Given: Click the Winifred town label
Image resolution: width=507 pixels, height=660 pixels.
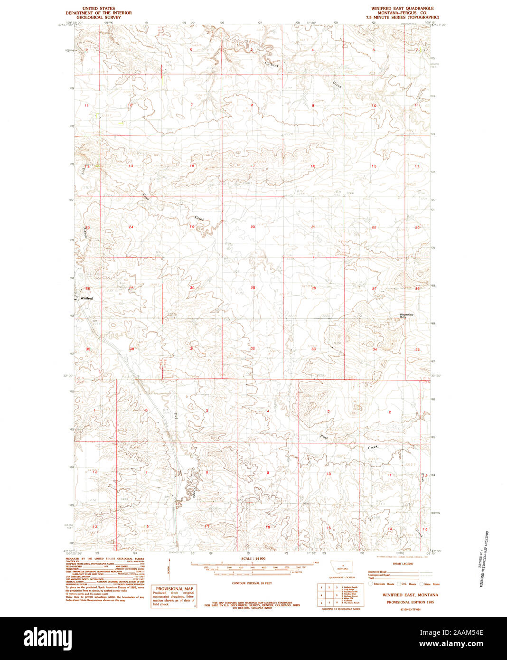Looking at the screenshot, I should [86, 298].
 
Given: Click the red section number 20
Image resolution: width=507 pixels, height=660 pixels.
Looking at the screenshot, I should [253, 227].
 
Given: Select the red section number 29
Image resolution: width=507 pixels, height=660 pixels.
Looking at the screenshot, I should [253, 288].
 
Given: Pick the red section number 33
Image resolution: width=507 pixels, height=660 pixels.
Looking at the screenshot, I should [313, 349].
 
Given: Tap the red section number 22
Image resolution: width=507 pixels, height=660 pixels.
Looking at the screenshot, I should [374, 227].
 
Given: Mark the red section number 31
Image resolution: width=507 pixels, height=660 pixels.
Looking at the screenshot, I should [192, 349].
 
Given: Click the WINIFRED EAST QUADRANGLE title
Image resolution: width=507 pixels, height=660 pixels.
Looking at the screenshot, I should [402, 9].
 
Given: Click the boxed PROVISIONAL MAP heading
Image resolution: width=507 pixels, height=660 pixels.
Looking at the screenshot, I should [173, 588].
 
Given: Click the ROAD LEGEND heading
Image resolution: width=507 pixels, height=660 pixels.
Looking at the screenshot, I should [403, 564].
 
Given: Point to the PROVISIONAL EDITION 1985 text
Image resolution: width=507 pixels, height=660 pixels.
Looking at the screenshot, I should [410, 602].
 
